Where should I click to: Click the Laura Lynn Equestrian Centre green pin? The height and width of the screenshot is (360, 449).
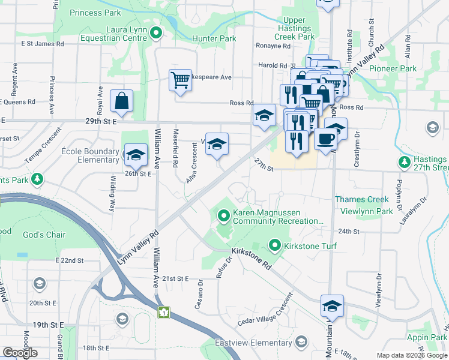[157, 33]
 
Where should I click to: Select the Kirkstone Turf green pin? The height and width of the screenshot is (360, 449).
[275, 245]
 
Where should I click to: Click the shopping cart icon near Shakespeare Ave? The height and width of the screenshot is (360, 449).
[181, 80]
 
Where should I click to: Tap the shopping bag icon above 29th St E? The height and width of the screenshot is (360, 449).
[121, 103]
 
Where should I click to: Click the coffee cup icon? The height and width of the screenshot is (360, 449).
[325, 139]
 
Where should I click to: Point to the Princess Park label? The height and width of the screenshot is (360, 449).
[95, 13]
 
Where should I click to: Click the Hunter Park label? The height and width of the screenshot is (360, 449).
[214, 38]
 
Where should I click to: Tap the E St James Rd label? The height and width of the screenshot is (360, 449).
[42, 44]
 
